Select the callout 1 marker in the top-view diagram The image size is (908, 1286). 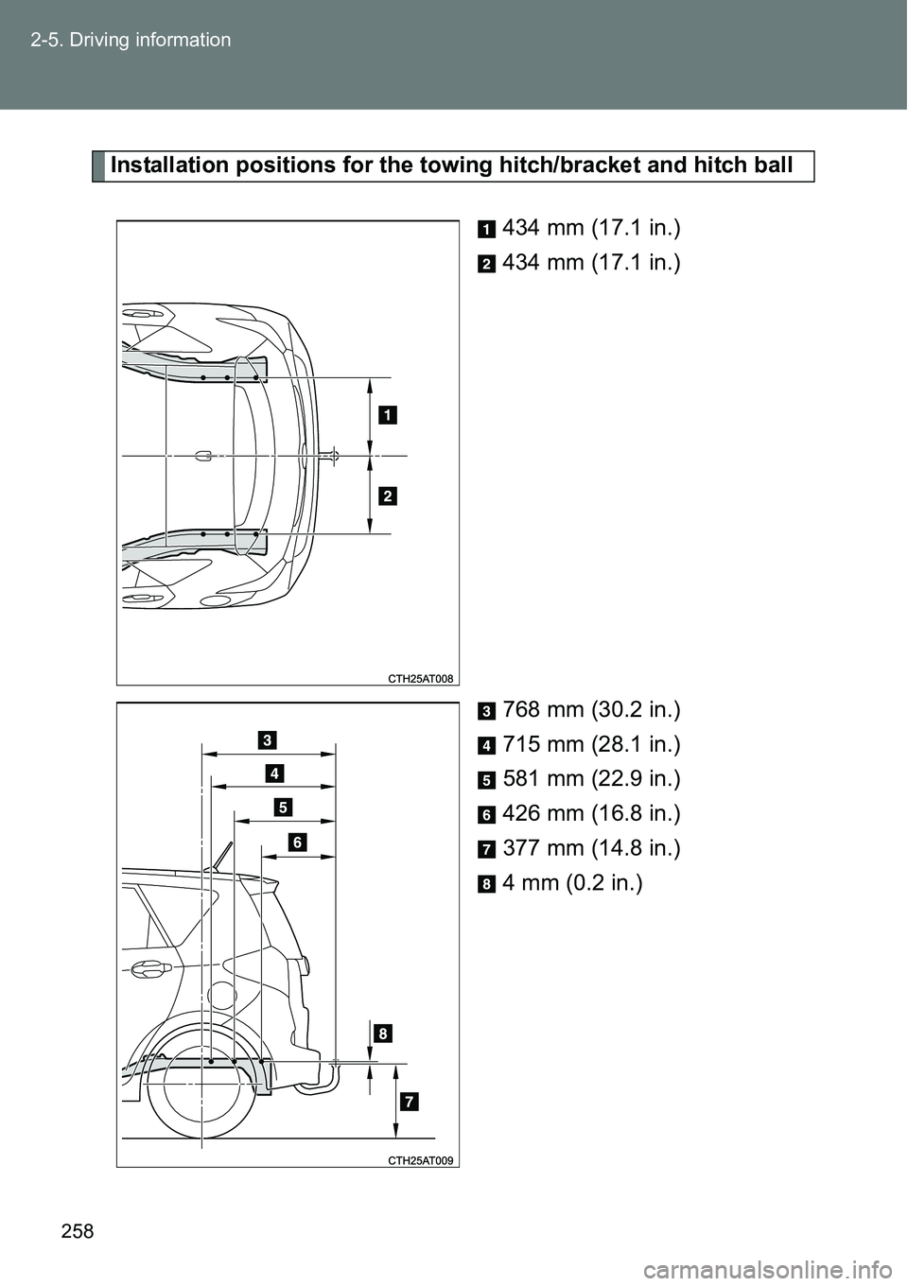point(388,414)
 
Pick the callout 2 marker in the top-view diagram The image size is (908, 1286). point(388,495)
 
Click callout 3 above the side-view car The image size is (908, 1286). point(267,739)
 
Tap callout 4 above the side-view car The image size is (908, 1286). point(275,773)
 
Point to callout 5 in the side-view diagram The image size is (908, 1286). point(283,808)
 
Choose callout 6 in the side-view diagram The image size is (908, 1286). point(298,843)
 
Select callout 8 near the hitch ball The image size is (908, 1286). point(383,1034)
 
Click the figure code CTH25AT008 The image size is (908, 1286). point(420,679)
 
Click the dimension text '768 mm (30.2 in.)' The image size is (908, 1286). point(591,710)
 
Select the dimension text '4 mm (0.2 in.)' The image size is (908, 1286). point(572,882)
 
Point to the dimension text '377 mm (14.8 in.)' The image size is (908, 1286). point(591,848)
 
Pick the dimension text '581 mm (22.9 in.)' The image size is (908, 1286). point(591,779)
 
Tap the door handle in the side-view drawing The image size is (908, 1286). point(148,971)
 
